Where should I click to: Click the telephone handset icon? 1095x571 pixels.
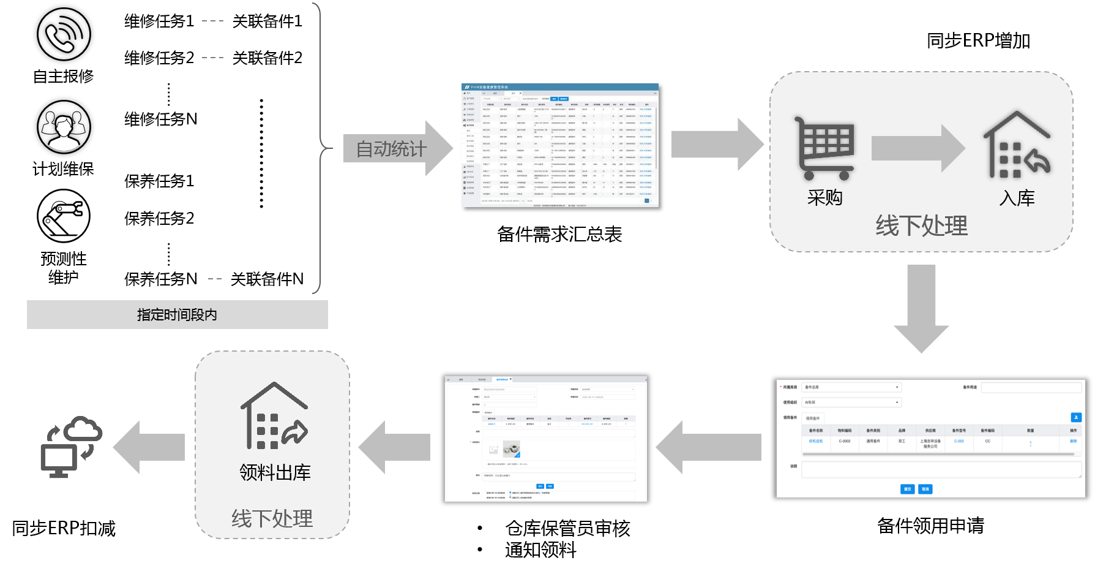click(x=60, y=38)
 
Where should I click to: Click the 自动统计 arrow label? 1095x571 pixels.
click(x=392, y=149)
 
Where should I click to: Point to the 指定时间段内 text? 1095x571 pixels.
click(x=177, y=315)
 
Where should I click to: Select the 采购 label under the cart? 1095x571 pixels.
click(x=824, y=197)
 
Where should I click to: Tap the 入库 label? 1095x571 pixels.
click(x=1017, y=198)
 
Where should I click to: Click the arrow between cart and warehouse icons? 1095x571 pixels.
click(x=917, y=148)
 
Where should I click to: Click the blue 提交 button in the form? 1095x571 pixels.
click(x=907, y=489)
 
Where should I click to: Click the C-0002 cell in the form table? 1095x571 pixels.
click(x=845, y=441)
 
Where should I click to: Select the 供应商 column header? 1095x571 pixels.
click(x=930, y=431)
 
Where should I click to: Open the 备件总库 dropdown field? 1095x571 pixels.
click(x=851, y=387)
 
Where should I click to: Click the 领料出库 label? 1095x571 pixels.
click(x=275, y=472)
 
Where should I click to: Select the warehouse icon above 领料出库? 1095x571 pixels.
click(x=274, y=416)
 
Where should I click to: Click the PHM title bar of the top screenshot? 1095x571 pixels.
click(x=559, y=87)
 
